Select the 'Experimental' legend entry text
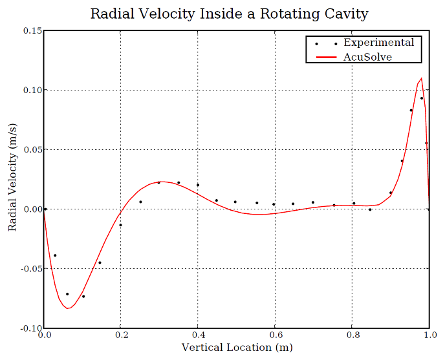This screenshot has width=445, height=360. tap(378, 43)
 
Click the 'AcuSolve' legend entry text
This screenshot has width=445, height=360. tap(367, 57)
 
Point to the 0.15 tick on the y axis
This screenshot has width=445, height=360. tap(32, 30)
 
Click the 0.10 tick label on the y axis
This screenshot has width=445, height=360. tap(32, 90)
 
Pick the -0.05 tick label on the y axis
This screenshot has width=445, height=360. tap(30, 269)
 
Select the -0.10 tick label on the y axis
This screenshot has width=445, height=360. tap(30, 328)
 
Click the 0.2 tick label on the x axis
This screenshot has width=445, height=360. tap(121, 336)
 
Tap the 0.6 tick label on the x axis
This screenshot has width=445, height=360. tap(276, 336)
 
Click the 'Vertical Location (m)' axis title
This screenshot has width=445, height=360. tap(237, 348)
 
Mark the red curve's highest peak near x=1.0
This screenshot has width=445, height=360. tap(422, 78)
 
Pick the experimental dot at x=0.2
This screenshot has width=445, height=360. tap(120, 225)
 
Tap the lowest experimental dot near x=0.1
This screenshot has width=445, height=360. tap(83, 297)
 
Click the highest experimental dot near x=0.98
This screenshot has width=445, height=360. tap(422, 98)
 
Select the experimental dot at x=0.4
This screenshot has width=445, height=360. tap(198, 185)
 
